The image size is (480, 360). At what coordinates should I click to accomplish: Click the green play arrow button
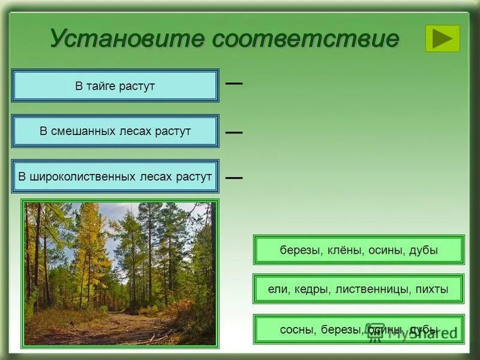(x=442, y=38)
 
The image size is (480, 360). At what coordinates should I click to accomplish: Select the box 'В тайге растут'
(x=115, y=86)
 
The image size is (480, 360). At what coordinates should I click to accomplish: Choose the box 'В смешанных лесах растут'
(x=115, y=131)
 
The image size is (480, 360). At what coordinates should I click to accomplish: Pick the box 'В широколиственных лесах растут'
(x=115, y=176)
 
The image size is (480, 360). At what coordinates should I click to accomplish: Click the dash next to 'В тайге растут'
(x=234, y=83)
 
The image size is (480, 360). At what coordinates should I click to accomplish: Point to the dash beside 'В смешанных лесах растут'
(x=234, y=132)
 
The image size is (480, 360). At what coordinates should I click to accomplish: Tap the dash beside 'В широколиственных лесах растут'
(x=234, y=178)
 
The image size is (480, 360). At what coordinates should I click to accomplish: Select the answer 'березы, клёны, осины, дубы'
(x=359, y=250)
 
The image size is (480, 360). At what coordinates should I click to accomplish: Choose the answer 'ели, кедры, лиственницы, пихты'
(x=359, y=289)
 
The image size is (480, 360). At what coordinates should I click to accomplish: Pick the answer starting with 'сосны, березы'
(x=359, y=329)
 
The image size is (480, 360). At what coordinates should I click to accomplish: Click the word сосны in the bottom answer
(x=297, y=329)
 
